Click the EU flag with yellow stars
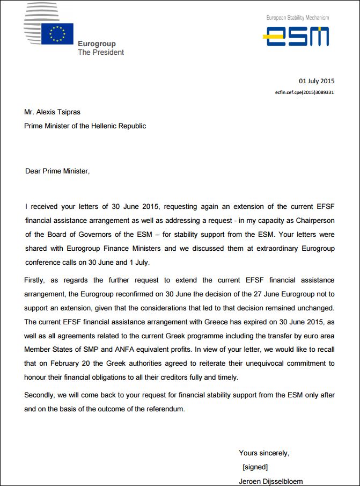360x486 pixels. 57,34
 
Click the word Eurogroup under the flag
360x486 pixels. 97,44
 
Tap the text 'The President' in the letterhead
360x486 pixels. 101,53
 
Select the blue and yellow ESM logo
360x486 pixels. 296,37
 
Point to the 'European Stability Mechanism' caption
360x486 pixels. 298,18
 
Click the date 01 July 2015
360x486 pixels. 317,81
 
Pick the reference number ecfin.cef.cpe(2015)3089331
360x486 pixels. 305,92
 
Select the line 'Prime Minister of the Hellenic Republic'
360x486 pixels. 85,126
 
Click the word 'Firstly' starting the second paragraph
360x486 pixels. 35,280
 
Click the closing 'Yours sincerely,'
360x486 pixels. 264,453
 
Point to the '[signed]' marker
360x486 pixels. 255,467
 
